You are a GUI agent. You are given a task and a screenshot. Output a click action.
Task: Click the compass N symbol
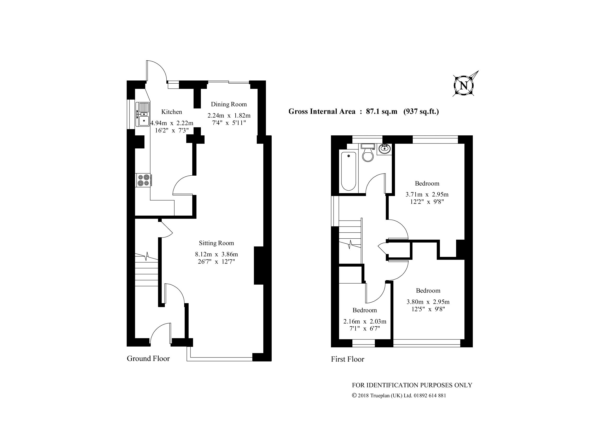(464, 86)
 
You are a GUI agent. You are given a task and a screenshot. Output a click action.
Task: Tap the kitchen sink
(143, 114)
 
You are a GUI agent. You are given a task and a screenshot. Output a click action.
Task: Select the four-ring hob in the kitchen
(143, 180)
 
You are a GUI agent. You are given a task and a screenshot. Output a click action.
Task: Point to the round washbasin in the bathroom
(384, 149)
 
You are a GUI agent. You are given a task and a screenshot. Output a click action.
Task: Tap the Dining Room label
(229, 104)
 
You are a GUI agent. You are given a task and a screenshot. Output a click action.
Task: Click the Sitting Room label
(216, 243)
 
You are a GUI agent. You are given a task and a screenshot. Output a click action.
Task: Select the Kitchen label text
(172, 112)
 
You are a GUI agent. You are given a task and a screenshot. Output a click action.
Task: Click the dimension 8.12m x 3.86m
(216, 254)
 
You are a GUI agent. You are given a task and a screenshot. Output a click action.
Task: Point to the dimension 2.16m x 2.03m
(365, 321)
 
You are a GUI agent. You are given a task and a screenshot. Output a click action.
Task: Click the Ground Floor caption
(148, 359)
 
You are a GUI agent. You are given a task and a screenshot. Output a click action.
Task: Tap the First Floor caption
(347, 359)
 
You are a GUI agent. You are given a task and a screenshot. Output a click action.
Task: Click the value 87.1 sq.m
(381, 111)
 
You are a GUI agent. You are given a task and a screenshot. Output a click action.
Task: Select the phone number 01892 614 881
(430, 395)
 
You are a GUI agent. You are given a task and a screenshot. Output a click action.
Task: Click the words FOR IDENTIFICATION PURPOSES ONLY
(412, 385)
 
